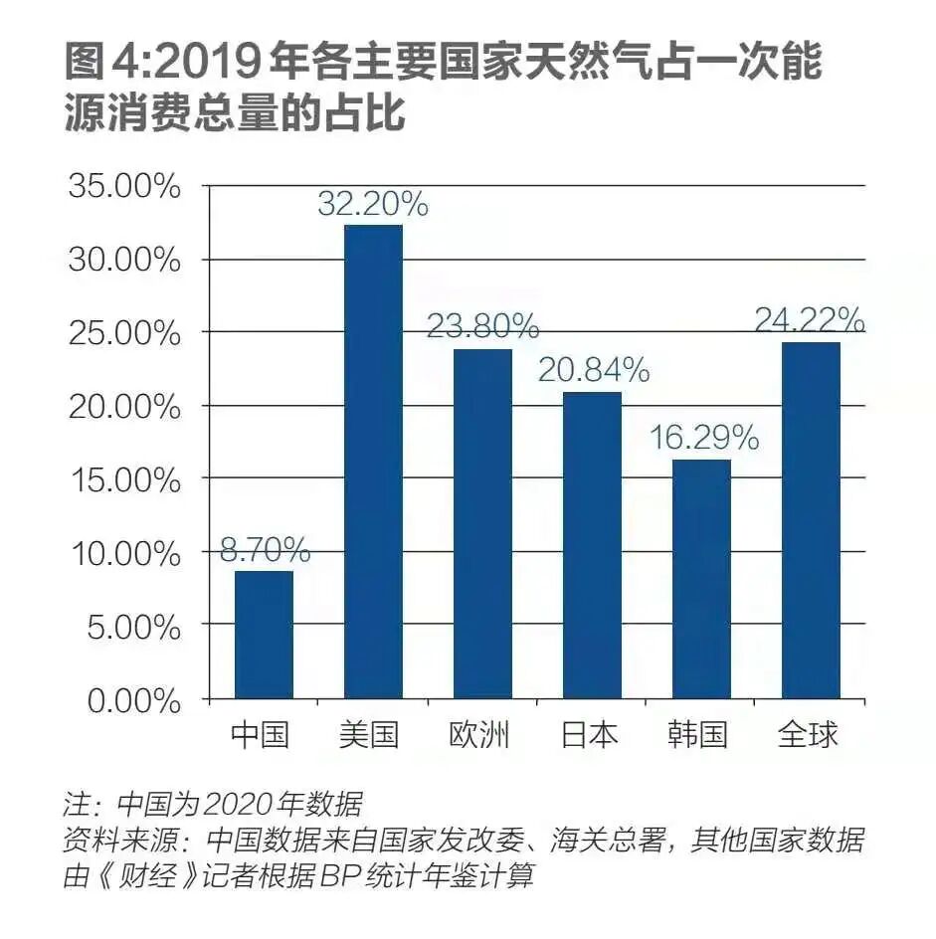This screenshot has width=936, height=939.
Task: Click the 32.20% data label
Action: coord(373,205)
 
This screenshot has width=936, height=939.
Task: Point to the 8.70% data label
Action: coord(264,550)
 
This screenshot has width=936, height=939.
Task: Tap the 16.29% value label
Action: coord(703,438)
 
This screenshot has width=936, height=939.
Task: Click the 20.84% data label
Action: coord(594,371)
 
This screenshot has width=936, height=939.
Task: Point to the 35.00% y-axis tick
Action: coord(125,187)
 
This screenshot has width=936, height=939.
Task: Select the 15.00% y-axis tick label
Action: coord(125,480)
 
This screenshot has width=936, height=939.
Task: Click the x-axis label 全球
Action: coord(808,735)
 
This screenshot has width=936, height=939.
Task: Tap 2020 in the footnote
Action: coord(243,803)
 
